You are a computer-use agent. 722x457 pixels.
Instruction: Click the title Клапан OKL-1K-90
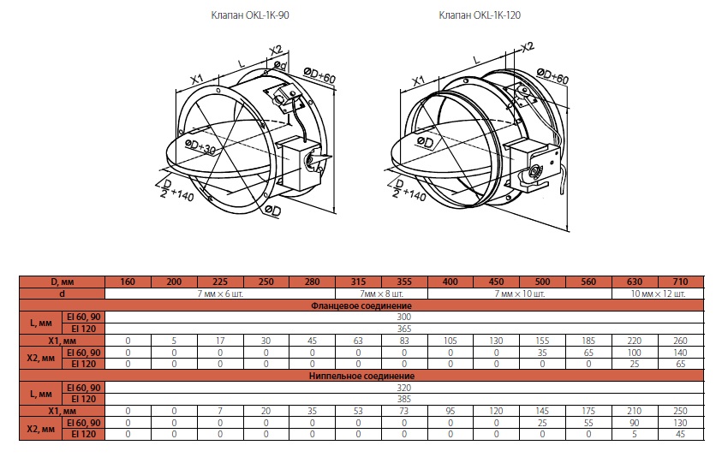[x=250, y=15]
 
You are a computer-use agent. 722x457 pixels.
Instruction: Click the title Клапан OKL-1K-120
[x=480, y=15]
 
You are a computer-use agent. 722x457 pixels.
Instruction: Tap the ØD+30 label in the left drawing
[x=200, y=147]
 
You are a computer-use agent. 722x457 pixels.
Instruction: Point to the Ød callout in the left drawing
[x=280, y=65]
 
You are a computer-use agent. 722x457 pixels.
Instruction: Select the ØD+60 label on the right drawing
[x=552, y=76]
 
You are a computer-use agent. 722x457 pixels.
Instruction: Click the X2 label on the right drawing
[x=528, y=47]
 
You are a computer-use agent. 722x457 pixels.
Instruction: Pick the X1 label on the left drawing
[x=197, y=79]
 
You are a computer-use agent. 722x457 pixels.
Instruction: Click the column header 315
[x=358, y=282]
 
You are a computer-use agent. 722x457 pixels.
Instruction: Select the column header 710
[x=680, y=282]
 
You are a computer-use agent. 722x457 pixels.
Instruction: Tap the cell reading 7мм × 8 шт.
[x=381, y=294]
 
